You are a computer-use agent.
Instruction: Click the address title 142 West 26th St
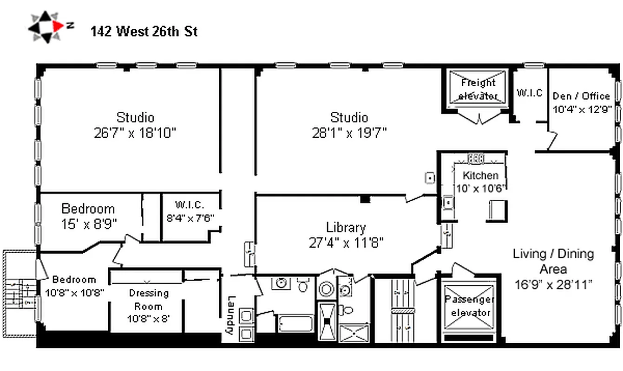pos(144,32)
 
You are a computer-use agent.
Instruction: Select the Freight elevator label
pos(478,90)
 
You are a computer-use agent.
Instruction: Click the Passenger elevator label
pos(469,306)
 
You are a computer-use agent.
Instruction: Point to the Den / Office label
pos(581,96)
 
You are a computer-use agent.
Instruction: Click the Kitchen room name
pos(480,175)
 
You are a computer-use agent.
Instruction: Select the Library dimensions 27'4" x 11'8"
pos(346,243)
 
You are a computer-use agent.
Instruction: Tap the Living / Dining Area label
pos(553,261)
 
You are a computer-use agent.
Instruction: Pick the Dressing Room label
pos(149,300)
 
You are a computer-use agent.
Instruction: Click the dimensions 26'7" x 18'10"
pos(135,133)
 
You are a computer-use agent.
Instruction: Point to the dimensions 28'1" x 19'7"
pos(349,133)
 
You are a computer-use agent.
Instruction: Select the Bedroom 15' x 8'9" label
pos(88,216)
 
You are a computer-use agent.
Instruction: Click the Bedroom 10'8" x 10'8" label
pos(74,286)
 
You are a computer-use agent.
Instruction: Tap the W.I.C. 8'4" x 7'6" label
pos(190,211)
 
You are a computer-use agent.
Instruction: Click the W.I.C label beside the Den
pos(530,93)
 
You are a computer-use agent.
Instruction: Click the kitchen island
pos(496,211)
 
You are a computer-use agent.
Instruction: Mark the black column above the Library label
pos(365,199)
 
